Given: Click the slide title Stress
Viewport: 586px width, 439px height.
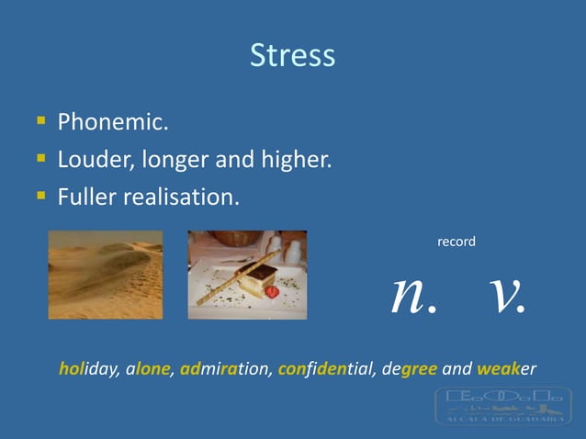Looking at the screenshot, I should pos(292,56).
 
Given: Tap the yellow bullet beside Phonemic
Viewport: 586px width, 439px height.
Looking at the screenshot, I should pos(40,120).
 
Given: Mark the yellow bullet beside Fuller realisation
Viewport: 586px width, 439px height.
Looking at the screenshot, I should pos(40,195).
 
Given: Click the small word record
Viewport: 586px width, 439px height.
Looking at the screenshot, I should pos(456,242).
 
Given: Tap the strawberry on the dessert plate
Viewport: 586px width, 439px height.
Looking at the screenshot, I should pos(272,291).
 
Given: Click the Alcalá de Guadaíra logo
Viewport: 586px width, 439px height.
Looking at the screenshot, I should pos(503,405).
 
